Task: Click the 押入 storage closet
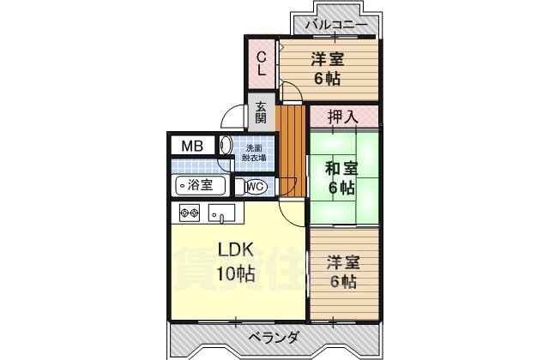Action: coord(343,115)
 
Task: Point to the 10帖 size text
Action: coord(234,275)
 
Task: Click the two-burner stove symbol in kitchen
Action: coord(190,213)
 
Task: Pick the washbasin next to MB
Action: coord(226,146)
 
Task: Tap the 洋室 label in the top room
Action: coord(328,59)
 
